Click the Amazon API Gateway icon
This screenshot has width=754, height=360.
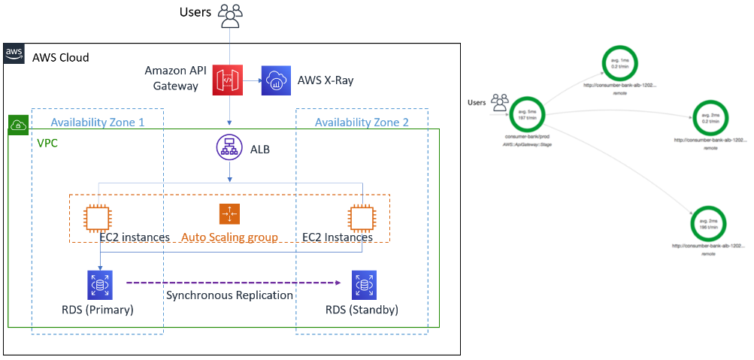pos(228,80)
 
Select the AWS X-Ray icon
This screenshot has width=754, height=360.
pos(276,80)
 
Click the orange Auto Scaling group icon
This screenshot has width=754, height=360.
pos(229,214)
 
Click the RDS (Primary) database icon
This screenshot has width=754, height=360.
pos(99,286)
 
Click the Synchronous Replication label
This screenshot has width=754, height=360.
pos(229,295)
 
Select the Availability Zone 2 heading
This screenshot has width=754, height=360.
pos(362,123)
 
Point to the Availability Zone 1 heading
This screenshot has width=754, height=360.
pos(97,123)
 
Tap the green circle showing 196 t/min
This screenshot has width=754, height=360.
pos(708,222)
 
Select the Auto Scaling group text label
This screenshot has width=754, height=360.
pos(229,237)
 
